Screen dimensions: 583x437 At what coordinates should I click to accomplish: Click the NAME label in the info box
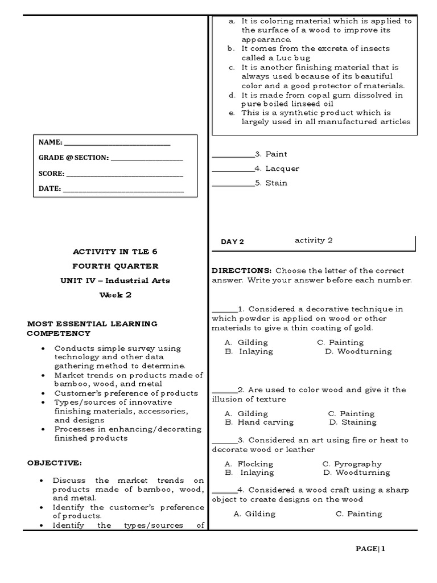tap(50, 142)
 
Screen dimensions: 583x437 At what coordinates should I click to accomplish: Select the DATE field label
tap(50, 188)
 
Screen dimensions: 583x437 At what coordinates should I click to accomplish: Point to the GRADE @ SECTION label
tap(73, 158)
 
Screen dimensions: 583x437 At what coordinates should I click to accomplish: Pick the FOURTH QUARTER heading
tap(115, 266)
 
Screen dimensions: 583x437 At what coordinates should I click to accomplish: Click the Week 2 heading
tap(115, 295)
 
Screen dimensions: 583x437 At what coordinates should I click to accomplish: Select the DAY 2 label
tap(232, 241)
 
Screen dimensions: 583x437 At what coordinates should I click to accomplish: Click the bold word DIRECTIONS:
tap(238, 270)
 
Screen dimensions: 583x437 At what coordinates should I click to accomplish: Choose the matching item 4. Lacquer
tap(277, 169)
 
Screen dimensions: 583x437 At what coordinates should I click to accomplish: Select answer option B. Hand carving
tap(259, 422)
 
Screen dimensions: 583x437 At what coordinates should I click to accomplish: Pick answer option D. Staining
tap(353, 422)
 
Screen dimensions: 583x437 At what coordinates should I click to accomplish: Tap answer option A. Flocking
tap(249, 464)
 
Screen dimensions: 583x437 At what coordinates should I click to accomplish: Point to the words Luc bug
tap(278, 58)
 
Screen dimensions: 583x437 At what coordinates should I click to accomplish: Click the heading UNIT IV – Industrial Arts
tap(115, 280)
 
